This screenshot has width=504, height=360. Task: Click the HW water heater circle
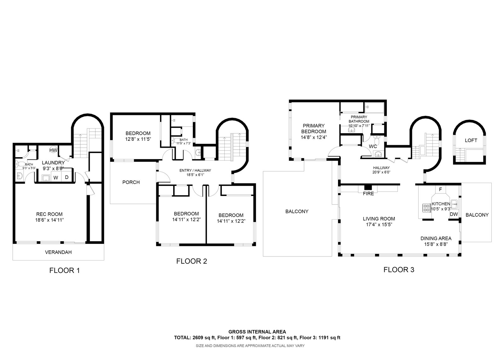[53, 150]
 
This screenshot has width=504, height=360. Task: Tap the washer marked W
[56, 177]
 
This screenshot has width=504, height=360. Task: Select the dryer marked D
[66, 177]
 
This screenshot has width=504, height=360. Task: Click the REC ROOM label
[49, 214]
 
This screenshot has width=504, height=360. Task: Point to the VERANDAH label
[58, 252]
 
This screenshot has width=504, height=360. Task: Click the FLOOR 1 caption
[65, 271]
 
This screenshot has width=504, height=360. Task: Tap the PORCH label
[131, 182]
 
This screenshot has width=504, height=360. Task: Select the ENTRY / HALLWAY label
[195, 170]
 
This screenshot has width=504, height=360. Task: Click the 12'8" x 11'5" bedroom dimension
[138, 139]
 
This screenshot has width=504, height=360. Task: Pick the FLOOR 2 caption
[192, 261]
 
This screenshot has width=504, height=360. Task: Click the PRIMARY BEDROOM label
[314, 129]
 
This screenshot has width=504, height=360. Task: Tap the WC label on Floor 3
[373, 146]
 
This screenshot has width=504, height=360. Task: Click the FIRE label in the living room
[368, 193]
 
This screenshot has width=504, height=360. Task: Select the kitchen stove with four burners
[426, 208]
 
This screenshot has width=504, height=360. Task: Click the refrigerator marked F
[441, 190]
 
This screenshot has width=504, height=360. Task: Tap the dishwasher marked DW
[454, 214]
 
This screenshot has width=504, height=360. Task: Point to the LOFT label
[471, 140]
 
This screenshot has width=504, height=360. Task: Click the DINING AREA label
[436, 238]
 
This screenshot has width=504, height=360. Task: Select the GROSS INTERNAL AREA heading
[257, 332]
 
